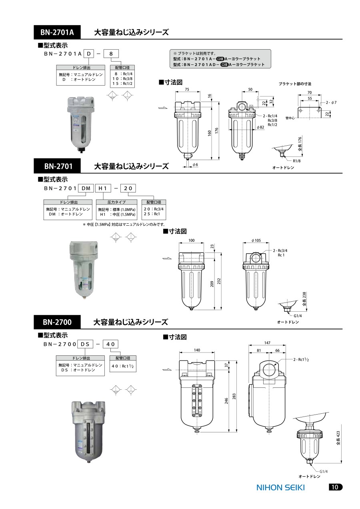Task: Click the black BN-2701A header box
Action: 57,32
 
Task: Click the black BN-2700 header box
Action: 57,322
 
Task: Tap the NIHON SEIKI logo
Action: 280,487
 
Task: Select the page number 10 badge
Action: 335,487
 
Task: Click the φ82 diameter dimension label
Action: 260,127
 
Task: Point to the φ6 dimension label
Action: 195,164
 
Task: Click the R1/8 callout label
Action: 296,161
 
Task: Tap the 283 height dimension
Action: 234,396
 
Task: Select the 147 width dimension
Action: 267,343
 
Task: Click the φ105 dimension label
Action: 256,240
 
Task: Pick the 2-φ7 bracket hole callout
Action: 331,102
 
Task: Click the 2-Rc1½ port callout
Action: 301,359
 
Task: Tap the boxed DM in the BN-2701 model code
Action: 86,188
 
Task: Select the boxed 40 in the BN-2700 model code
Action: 111,344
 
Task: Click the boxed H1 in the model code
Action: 103,188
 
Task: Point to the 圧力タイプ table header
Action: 116,202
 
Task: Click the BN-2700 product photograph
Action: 88,432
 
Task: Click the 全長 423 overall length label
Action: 338,438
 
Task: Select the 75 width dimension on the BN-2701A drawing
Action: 187,89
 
